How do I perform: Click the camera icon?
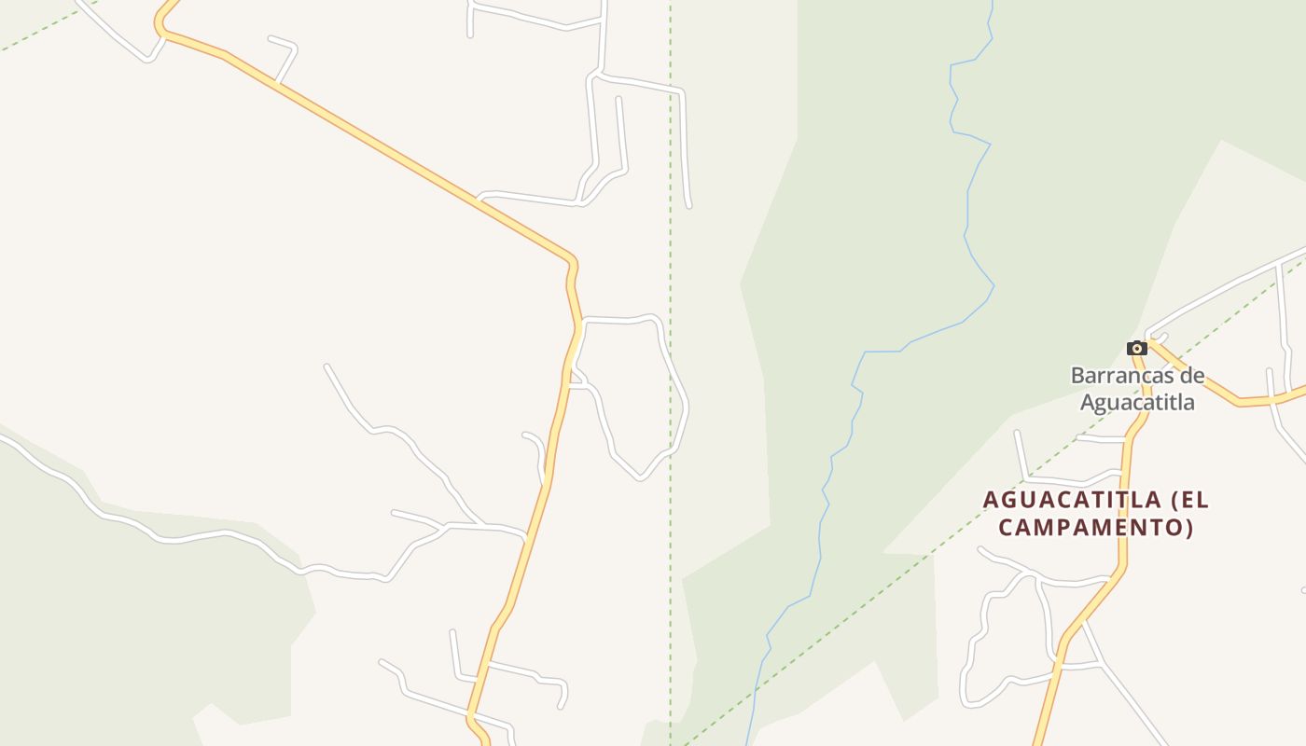click(1136, 349)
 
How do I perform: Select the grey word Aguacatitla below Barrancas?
click(1137, 403)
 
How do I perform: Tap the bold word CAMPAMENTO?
click(1091, 528)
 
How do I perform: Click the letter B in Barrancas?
click(1077, 377)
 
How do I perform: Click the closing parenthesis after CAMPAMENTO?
click(1189, 528)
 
